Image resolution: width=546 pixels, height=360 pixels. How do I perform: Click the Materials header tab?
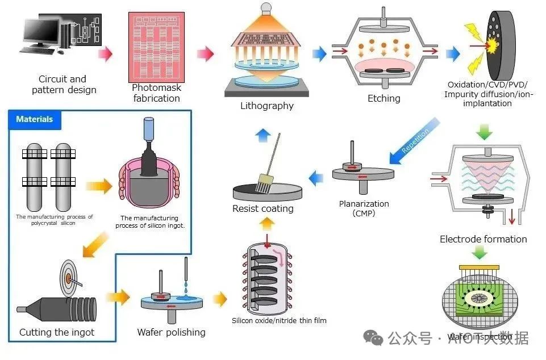pyautogui.click(x=35, y=120)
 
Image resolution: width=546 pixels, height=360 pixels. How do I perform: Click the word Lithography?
pyautogui.click(x=267, y=106)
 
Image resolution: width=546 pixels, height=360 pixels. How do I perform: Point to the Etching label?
pyautogui.click(x=384, y=98)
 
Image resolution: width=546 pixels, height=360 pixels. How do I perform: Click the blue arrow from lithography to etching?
pyautogui.click(x=319, y=54)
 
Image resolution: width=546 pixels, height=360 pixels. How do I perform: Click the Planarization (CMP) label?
pyautogui.click(x=364, y=208)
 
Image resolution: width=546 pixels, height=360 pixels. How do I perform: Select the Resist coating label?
pyautogui.click(x=263, y=208)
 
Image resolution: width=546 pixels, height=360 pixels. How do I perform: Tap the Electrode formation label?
pyautogui.click(x=484, y=239)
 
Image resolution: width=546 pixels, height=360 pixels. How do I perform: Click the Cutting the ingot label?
pyautogui.click(x=57, y=332)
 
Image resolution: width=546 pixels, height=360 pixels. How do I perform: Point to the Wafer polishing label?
pyautogui.click(x=171, y=332)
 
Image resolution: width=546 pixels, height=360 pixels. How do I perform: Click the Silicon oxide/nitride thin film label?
pyautogui.click(x=279, y=321)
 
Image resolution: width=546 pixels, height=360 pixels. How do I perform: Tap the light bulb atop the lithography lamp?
pyautogui.click(x=265, y=8)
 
